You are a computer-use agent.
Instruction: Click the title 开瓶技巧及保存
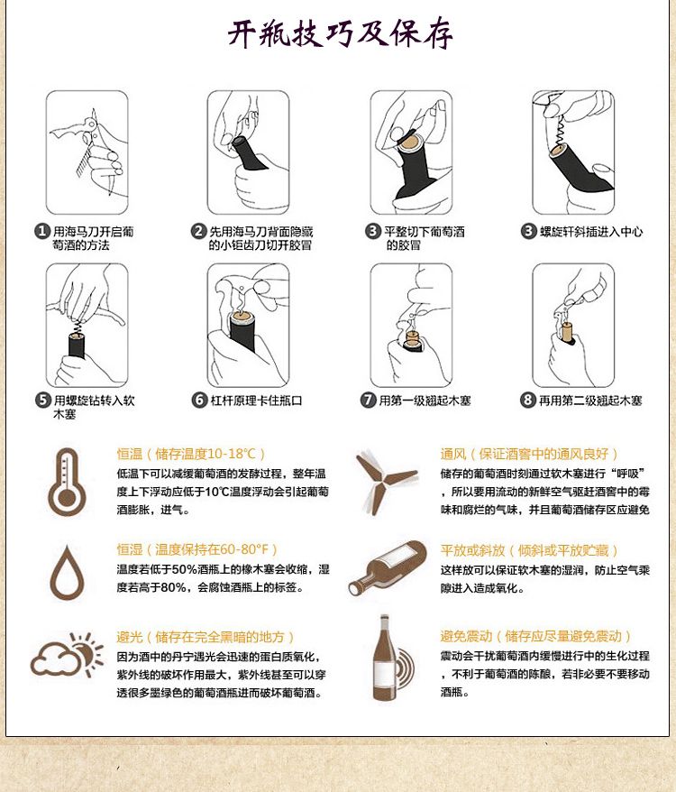(x=340, y=33)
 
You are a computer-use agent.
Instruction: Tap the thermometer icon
(x=67, y=482)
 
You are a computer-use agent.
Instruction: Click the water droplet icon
(x=67, y=572)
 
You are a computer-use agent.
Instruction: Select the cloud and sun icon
(x=66, y=655)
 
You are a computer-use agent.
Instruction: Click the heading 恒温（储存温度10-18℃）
(x=191, y=454)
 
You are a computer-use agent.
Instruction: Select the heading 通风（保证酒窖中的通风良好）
(x=529, y=454)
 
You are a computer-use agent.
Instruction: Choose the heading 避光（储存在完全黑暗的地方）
(x=205, y=637)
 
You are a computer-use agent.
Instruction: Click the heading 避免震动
(x=466, y=636)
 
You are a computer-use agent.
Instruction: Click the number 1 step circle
(x=41, y=231)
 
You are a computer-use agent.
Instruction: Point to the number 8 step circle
(x=527, y=400)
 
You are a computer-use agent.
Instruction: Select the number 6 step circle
(x=199, y=400)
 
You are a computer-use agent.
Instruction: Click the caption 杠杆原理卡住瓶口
(x=257, y=401)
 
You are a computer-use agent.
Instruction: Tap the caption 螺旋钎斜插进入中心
(x=591, y=232)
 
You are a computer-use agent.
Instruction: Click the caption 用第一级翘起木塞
(x=425, y=401)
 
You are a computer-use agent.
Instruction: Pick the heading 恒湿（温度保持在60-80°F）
(x=197, y=549)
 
